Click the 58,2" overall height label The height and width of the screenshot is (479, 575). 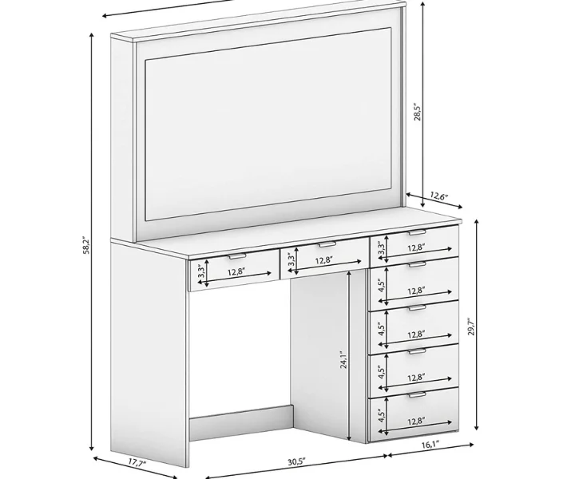coord(85,246)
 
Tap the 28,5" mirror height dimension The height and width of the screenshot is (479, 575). coord(418,113)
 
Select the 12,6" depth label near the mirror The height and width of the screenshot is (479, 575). coord(440,196)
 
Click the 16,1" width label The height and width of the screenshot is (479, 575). coord(430,445)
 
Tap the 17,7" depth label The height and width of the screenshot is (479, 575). coord(137,461)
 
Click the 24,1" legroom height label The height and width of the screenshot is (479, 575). coord(343,359)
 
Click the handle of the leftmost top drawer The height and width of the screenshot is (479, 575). coord(237,256)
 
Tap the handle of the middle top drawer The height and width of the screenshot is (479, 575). coord(327,244)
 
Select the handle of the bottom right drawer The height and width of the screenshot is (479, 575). coord(418,395)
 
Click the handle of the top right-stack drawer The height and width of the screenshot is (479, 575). coord(418,233)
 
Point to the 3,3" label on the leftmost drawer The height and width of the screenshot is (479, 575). coord(201,272)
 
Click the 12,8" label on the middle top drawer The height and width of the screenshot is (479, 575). coord(324,260)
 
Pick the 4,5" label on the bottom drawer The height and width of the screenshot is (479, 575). coord(382,416)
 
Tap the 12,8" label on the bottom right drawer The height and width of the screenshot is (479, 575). coord(416,421)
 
